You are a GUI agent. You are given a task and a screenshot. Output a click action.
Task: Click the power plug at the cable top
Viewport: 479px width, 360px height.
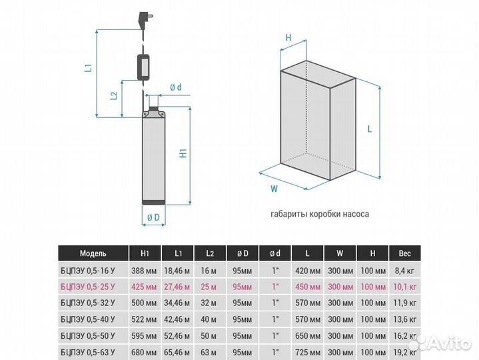146,19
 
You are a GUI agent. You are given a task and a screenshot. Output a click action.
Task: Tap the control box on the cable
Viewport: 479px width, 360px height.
143,67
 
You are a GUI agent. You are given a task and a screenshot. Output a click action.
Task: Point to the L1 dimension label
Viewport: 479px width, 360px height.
89,67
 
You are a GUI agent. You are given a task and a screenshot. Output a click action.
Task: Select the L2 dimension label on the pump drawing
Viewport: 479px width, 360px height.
114,95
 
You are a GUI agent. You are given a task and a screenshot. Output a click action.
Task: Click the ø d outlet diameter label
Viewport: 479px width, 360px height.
176,87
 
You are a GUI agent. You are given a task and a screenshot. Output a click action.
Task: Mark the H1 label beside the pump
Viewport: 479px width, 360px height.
183,153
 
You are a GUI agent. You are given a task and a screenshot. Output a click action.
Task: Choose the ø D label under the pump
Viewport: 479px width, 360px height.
153,217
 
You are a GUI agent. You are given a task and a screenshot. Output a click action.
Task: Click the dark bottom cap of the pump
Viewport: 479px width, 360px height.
154,202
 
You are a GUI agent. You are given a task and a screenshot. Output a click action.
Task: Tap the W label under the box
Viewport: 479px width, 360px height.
274,189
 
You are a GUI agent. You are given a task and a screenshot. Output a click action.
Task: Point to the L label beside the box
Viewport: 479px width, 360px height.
370,129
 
